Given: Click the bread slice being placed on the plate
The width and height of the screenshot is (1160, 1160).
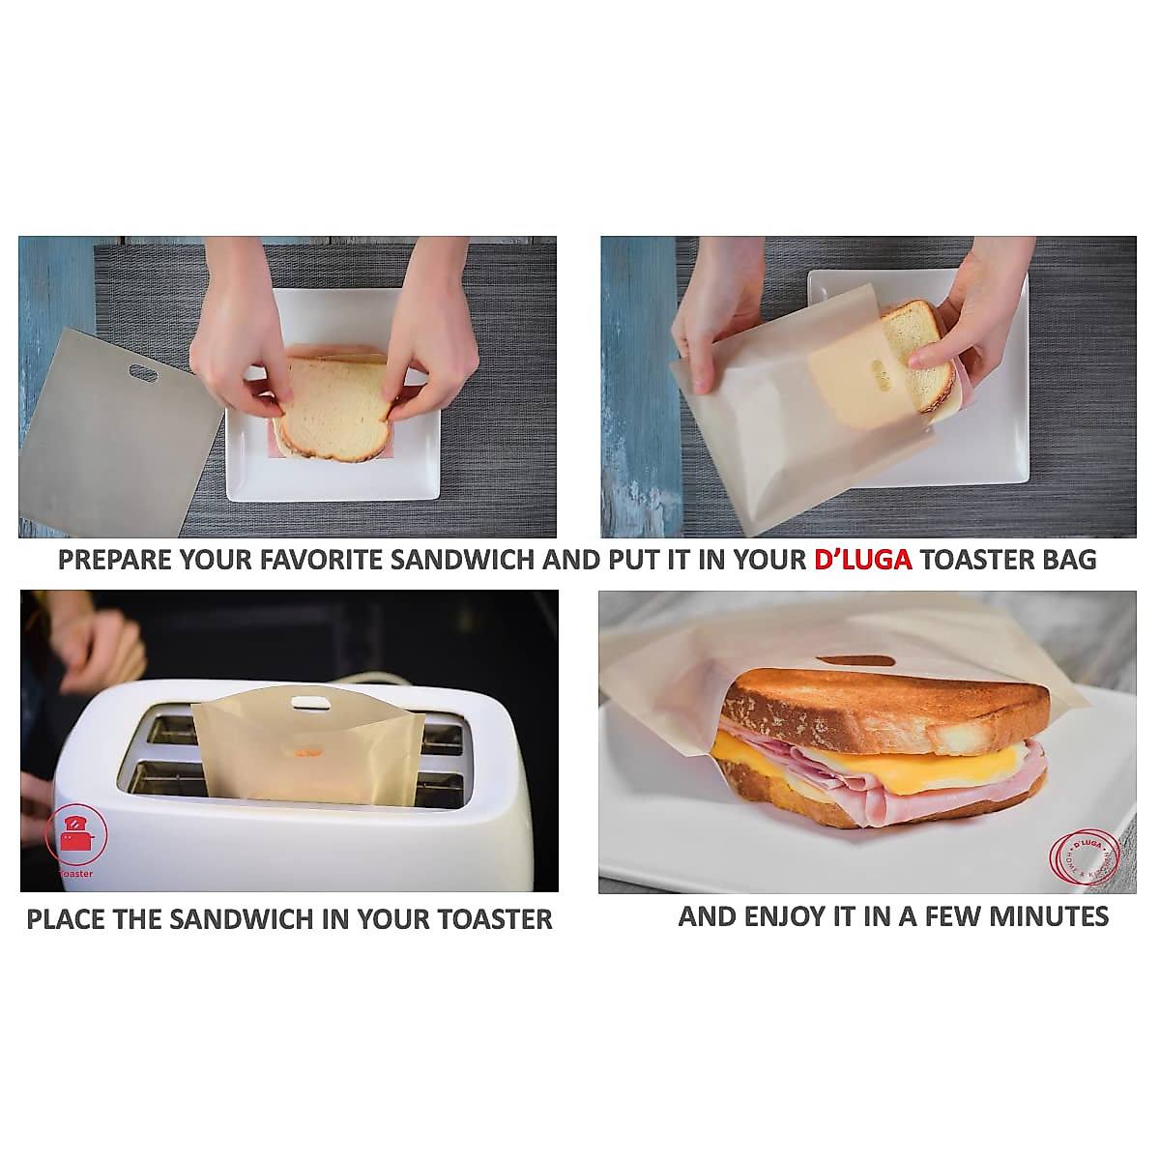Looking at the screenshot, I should [333, 406].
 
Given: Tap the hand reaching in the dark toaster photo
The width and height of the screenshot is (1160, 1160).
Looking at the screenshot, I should [97, 648].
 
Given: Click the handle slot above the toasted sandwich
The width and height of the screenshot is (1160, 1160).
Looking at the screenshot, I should [855, 662].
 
